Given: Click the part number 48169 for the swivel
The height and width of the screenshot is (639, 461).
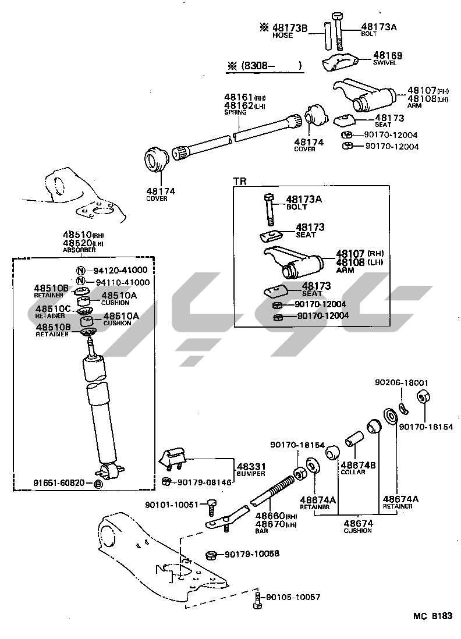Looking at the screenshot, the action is tap(388, 55).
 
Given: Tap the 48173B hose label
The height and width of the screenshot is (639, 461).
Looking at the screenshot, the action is tap(289, 31).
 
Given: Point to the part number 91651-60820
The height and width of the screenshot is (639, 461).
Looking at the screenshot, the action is tap(59, 483).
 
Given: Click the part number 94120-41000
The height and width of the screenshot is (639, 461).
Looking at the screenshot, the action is tap(120, 270).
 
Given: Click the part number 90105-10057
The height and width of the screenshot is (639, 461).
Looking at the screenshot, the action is tap(293, 597).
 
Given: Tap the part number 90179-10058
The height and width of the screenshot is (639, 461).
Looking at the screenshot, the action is tap(252, 554).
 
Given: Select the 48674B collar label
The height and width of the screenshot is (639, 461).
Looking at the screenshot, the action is tap(358, 468).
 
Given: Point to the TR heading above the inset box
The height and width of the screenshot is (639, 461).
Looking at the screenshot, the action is tap(240, 181).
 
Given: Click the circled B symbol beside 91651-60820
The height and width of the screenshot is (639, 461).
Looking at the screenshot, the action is tap(98, 484).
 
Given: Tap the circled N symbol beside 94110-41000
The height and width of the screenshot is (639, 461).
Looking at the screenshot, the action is tap(81, 281).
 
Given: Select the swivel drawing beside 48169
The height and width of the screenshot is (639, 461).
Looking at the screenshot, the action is tap(339, 62).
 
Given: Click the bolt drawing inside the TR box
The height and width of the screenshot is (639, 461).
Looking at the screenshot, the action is tap(268, 209).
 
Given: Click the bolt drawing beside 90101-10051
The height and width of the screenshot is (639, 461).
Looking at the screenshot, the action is tap(211, 507).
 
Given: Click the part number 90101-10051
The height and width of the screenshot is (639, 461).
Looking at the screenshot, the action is tap(172, 505).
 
